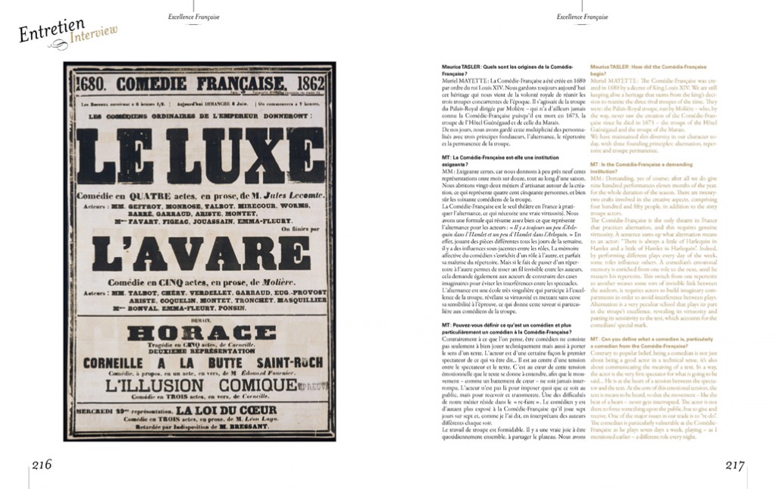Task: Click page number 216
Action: [41, 465]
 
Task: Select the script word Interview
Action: [92, 31]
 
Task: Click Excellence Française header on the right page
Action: [582, 16]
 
